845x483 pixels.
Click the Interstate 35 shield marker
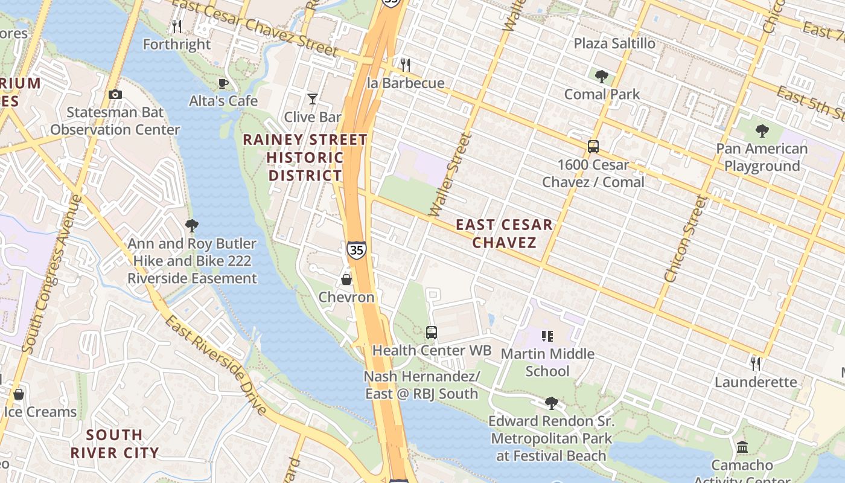356,249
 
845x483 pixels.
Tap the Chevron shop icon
346,279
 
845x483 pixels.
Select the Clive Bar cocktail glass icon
313,98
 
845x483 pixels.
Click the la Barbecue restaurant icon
406,64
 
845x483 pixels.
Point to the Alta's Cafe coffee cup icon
223,83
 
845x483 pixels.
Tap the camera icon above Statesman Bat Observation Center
115,94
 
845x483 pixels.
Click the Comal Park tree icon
601,76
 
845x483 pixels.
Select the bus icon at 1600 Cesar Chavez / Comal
593,146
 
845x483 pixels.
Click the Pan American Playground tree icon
762,130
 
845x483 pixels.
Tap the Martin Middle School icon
547,336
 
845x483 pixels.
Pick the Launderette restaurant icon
755,363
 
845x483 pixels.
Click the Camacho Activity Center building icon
742,447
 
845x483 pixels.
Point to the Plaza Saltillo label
614,43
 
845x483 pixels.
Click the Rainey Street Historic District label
305,158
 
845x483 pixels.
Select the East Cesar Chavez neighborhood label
504,234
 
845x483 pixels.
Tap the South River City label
114,444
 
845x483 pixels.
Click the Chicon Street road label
683,239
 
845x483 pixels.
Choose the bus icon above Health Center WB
431,332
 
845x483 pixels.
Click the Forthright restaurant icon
176,26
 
